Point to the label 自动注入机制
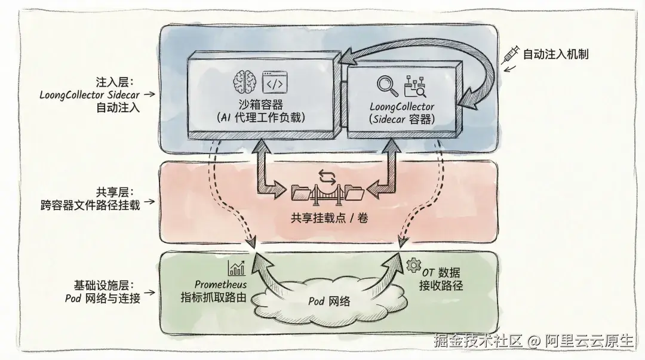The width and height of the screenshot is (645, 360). click(555, 54)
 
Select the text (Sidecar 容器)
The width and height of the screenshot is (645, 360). click(402, 119)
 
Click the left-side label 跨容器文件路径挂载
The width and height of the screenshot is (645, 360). click(88, 205)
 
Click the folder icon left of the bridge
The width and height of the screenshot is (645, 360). click(299, 193)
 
